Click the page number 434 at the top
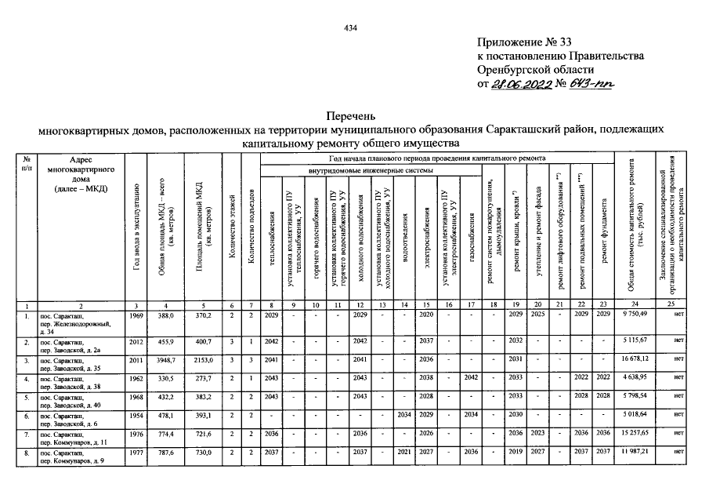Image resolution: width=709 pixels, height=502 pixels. pos(351,28)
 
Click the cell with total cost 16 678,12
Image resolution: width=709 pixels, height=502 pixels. pos(642,359)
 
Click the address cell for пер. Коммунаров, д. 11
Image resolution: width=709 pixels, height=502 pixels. pos(78,438)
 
